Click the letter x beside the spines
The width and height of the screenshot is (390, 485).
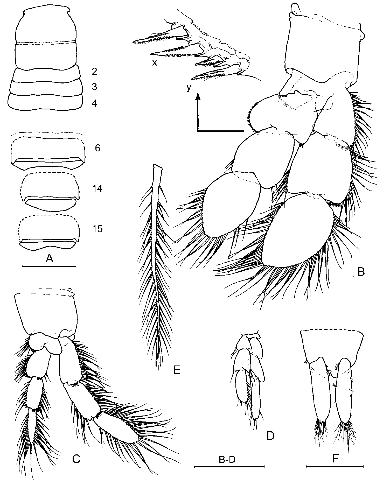tap(155, 63)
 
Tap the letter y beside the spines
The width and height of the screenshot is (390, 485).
tap(189, 88)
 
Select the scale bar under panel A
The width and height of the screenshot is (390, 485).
tap(49, 266)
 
